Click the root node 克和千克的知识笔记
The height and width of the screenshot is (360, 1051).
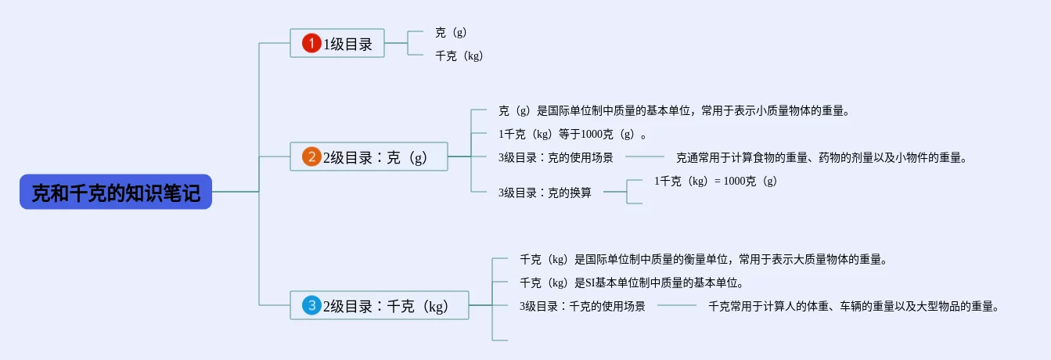(x=116, y=192)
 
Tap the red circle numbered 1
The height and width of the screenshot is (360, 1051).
(x=311, y=44)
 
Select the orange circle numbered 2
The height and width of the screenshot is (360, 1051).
(x=311, y=157)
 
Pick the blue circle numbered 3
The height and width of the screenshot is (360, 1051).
(x=311, y=305)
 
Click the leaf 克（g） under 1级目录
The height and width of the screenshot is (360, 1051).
(x=451, y=33)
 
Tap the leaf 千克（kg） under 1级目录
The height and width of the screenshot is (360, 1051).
(x=459, y=56)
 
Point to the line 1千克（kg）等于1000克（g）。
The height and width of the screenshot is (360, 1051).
(x=573, y=134)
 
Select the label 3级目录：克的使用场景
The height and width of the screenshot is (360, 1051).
(x=556, y=157)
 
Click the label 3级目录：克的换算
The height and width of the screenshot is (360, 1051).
(x=545, y=192)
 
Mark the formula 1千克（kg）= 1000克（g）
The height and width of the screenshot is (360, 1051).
(x=715, y=181)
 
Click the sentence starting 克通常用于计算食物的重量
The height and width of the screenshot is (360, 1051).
(x=822, y=157)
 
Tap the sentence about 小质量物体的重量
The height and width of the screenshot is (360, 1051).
(x=674, y=110)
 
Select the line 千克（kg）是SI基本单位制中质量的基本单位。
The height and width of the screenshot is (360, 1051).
(x=631, y=283)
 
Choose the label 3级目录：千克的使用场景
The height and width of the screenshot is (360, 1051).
(x=582, y=306)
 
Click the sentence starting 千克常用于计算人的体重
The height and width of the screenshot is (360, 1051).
(x=854, y=306)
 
